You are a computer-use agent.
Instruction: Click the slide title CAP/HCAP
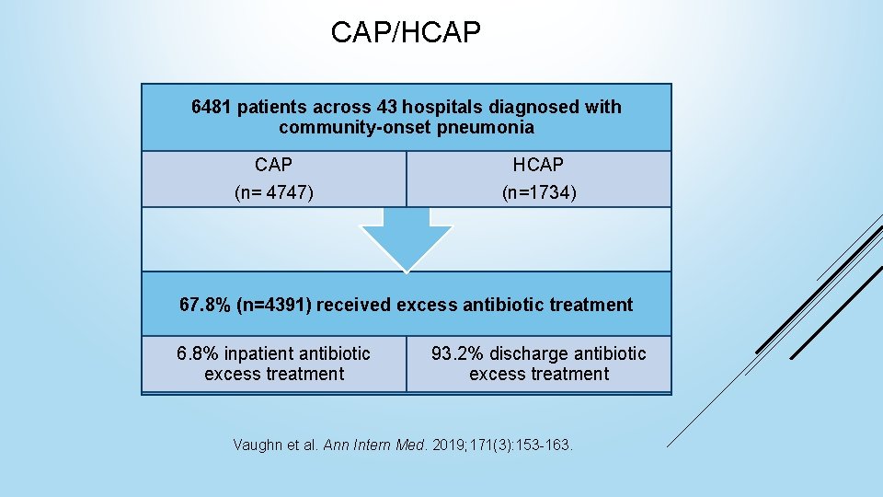406,34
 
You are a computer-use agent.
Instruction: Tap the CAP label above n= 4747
273,165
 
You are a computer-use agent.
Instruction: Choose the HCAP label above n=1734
538,165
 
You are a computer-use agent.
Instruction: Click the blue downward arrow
406,237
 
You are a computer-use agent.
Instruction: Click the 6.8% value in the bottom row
198,353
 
